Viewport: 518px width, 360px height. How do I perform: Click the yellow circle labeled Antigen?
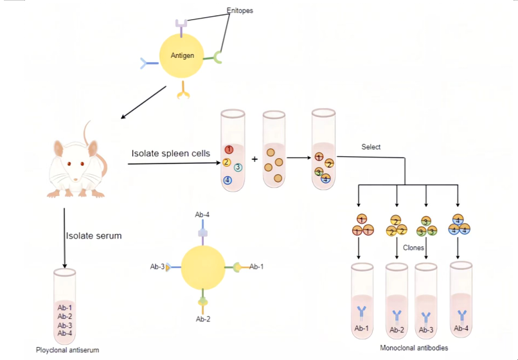(183, 55)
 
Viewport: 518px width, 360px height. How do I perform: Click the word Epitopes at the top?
(240, 10)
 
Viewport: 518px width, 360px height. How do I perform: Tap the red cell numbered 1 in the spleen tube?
(228, 149)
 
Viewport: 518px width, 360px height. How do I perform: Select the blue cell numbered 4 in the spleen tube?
(228, 180)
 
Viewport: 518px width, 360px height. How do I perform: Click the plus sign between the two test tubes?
(255, 158)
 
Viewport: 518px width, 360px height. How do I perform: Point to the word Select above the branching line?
(371, 147)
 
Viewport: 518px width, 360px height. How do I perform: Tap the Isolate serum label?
(94, 235)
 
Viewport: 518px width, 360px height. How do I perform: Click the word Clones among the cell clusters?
(413, 247)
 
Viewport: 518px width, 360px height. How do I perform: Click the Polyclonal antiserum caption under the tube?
(67, 350)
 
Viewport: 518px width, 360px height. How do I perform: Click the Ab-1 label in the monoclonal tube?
(361, 328)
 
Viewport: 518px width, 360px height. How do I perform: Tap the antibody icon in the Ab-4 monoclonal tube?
(461, 315)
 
